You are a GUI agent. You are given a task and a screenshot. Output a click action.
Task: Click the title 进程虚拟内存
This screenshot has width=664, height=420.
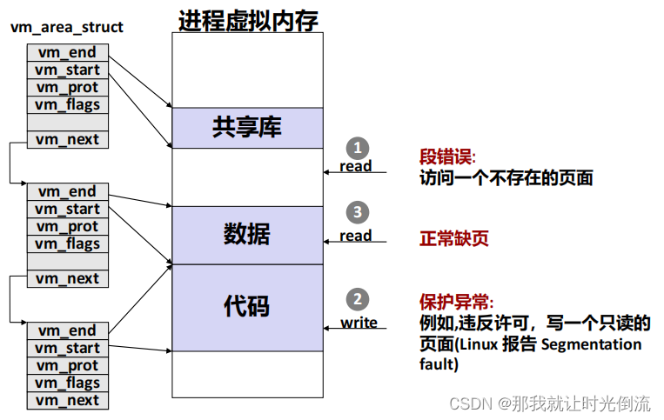pos(248,19)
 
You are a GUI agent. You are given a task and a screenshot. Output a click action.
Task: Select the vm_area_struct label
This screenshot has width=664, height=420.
pos(67,27)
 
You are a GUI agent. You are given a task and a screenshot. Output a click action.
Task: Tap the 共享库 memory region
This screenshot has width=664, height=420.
pos(247,128)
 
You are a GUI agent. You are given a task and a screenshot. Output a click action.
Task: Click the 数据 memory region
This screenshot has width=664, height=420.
pos(247,234)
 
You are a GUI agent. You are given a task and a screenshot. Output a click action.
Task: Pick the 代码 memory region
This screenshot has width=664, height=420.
pos(247,306)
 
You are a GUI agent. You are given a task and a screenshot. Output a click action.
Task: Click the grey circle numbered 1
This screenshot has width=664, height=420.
pos(356,147)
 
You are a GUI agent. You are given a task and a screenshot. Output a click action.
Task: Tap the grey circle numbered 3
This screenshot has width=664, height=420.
pos(356,211)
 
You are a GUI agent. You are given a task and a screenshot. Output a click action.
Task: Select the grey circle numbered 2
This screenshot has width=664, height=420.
pos(357,300)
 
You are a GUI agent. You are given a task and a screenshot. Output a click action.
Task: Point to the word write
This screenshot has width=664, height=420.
pos(359,323)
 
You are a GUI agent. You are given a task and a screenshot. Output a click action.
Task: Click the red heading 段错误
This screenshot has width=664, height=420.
pos(447,157)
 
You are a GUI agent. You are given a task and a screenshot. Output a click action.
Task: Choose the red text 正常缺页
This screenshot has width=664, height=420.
pos(454,238)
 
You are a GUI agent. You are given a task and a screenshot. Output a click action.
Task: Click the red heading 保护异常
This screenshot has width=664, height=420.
pos(456,303)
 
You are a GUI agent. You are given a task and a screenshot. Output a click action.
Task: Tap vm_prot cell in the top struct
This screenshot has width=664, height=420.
pos(67,88)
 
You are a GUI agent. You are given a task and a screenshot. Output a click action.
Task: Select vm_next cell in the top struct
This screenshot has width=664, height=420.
pos(67,140)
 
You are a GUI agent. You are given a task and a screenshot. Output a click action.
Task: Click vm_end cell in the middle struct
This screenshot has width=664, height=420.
pos(67,192)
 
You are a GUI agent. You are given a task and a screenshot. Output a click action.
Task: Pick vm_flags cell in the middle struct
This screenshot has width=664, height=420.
pos(67,244)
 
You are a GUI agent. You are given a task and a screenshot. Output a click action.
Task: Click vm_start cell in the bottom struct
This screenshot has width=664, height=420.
pos(67,349)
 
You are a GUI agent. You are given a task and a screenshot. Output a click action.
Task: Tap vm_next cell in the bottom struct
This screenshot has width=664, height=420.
pos(67,401)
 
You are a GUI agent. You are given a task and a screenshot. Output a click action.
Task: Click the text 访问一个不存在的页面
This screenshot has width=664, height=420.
pos(506,178)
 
